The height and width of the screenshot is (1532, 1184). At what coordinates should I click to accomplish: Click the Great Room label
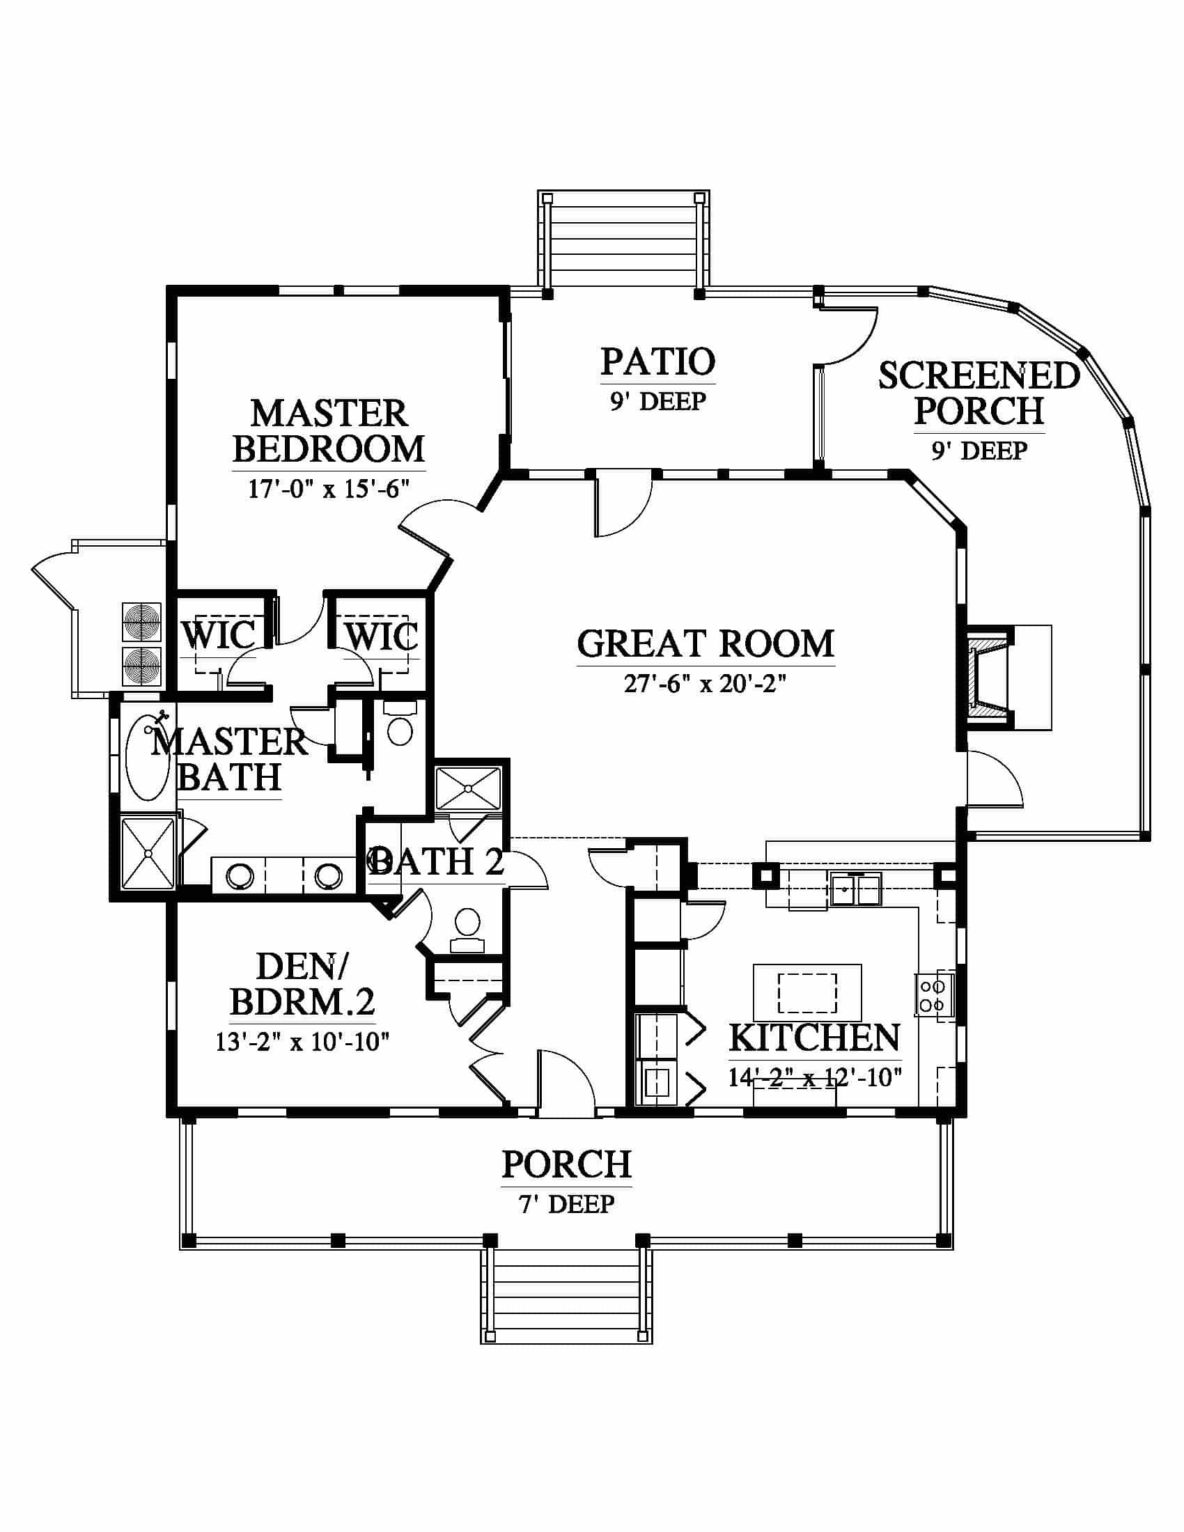pyautogui.click(x=706, y=643)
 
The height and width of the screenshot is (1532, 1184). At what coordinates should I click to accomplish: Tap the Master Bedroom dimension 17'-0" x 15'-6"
pyautogui.click(x=328, y=488)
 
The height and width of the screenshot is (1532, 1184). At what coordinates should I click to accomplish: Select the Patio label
pyautogui.click(x=658, y=361)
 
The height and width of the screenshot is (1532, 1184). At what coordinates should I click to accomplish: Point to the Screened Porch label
pyautogui.click(x=979, y=393)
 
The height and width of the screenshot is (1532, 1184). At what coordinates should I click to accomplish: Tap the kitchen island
pyautogui.click(x=807, y=992)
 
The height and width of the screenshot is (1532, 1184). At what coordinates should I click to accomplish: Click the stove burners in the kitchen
pyautogui.click(x=933, y=994)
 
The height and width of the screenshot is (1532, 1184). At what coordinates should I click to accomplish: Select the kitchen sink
pyautogui.click(x=856, y=889)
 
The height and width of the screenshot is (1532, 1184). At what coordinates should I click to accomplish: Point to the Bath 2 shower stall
pyautogui.click(x=469, y=789)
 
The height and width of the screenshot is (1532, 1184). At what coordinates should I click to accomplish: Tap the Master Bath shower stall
pyautogui.click(x=147, y=853)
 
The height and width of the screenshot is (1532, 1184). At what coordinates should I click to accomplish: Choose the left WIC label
pyautogui.click(x=219, y=635)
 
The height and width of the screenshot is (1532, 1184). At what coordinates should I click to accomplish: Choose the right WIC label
pyautogui.click(x=382, y=636)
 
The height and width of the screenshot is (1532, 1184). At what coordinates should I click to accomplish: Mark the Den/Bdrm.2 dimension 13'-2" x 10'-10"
pyautogui.click(x=302, y=1042)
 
